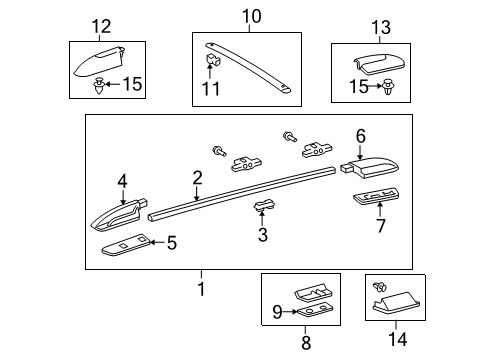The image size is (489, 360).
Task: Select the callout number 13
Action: click(x=380, y=25)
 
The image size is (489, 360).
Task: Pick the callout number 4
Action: click(x=122, y=181)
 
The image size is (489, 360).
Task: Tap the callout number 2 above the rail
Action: click(x=197, y=178)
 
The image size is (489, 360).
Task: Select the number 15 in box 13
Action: click(x=358, y=88)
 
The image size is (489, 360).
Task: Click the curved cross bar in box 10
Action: click(x=250, y=65)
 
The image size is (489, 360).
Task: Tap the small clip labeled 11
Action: click(x=212, y=66)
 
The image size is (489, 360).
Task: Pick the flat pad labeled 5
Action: click(x=126, y=243)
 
